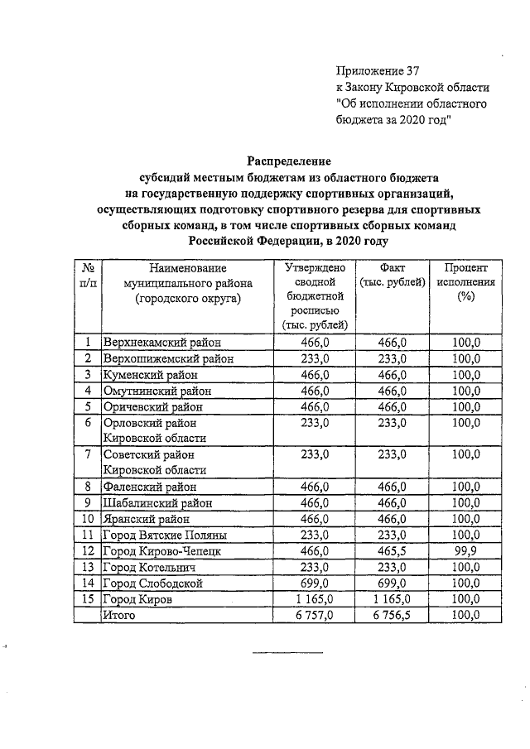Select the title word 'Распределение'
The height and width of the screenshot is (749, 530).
coord(289,161)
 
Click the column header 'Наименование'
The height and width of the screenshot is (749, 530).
coord(188,268)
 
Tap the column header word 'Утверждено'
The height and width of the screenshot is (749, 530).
coord(315,268)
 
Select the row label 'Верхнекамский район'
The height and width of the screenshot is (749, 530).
coord(161,342)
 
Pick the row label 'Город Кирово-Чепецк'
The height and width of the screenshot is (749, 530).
coord(161,550)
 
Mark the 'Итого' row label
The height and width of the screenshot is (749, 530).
coord(118,615)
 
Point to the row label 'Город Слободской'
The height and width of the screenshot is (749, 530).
coord(152,583)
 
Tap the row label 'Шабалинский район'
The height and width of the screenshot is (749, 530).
coord(157,502)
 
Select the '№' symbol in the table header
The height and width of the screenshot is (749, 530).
coord(87,268)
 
